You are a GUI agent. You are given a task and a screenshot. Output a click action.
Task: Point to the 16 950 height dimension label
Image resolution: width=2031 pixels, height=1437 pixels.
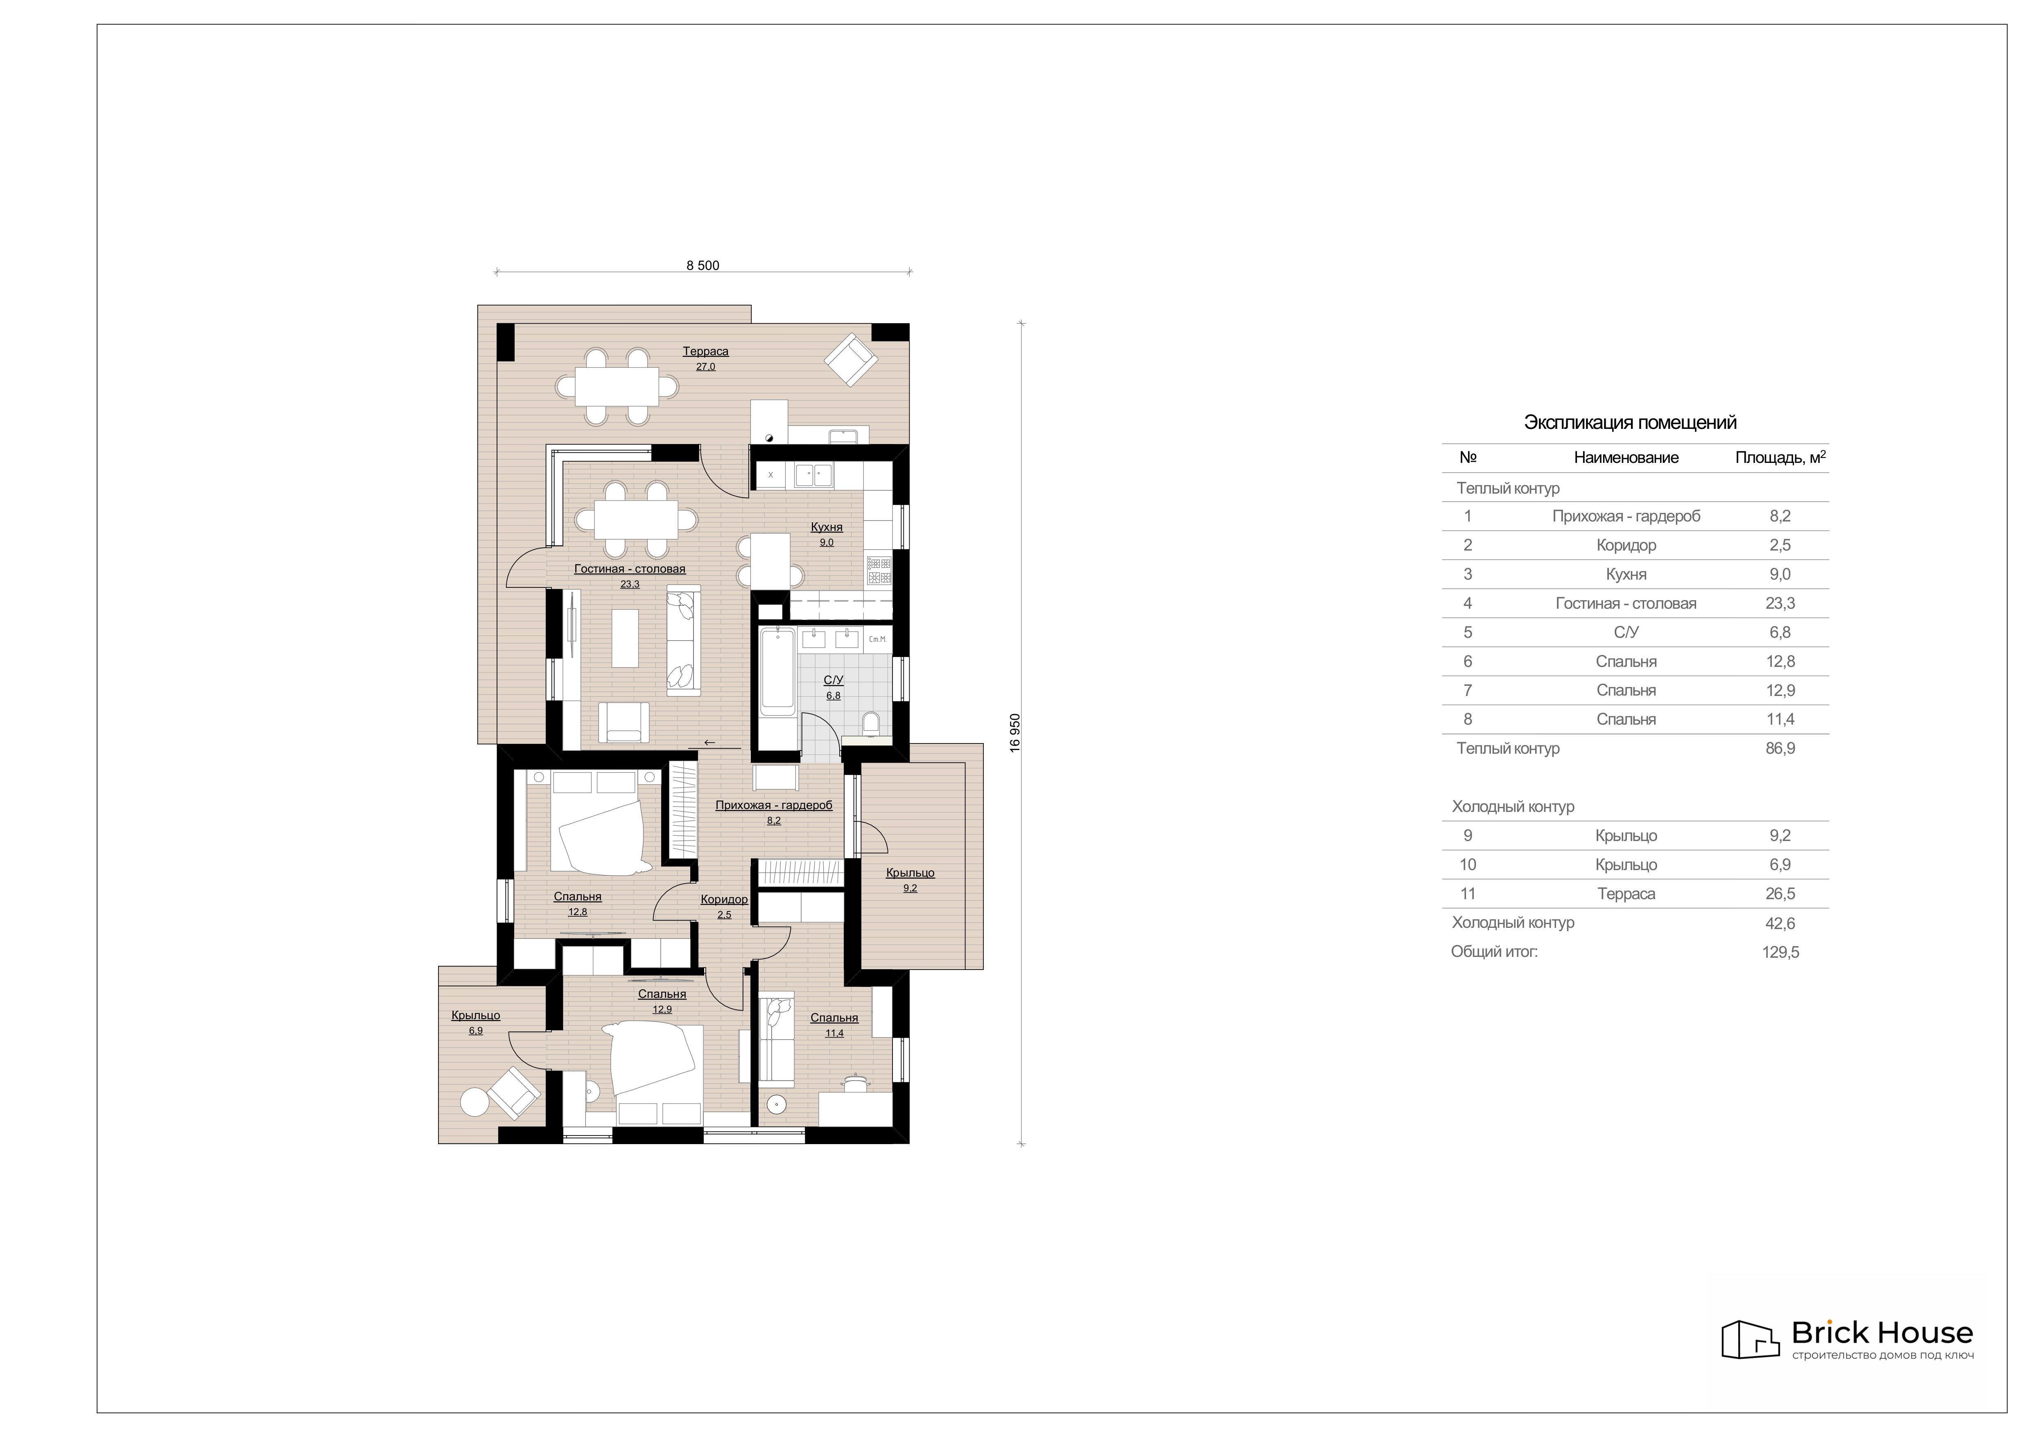pyautogui.click(x=1015, y=733)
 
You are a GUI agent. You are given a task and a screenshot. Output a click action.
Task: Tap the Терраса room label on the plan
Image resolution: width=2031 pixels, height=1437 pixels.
pyautogui.click(x=705, y=351)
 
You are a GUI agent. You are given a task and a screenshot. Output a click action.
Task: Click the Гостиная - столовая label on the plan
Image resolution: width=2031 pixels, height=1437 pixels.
pyautogui.click(x=630, y=569)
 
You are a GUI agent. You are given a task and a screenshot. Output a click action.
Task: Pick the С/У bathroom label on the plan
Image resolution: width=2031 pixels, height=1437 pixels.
pyautogui.click(x=833, y=680)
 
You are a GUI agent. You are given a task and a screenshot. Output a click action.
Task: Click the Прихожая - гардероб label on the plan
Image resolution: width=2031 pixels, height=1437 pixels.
pyautogui.click(x=774, y=805)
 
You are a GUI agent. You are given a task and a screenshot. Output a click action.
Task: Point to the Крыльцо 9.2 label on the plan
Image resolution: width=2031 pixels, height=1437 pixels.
pyautogui.click(x=910, y=873)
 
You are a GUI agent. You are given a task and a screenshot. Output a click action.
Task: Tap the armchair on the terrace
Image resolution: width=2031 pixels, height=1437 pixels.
pyautogui.click(x=850, y=359)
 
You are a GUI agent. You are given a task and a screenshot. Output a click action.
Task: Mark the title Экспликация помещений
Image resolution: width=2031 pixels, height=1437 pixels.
pyautogui.click(x=1630, y=423)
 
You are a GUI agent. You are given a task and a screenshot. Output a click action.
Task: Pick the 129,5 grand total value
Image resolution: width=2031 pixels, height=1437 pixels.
pyautogui.click(x=1780, y=952)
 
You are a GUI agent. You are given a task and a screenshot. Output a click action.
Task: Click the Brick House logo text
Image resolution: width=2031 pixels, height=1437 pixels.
pyautogui.click(x=1882, y=1358)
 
